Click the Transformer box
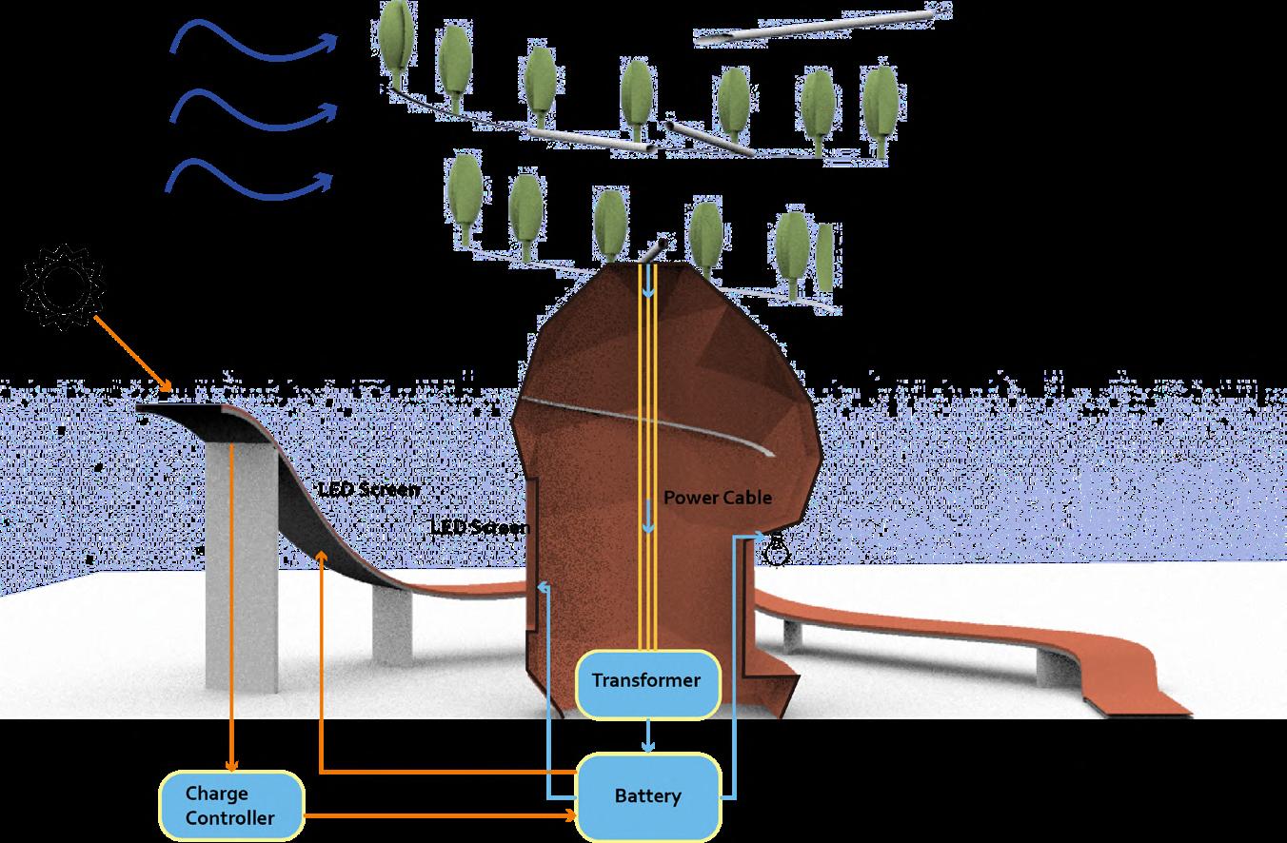pyautogui.click(x=646, y=681)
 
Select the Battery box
pyautogui.click(x=647, y=795)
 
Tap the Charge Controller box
pyautogui.click(x=230, y=805)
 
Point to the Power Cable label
pyautogui.click(x=717, y=498)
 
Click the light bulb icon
pyautogui.click(x=778, y=549)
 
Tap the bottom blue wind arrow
pyautogui.click(x=252, y=179)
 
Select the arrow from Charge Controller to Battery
pyautogui.click(x=438, y=815)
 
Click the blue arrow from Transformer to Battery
pyautogui.click(x=647, y=735)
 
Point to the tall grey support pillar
pyautogui.click(x=242, y=571)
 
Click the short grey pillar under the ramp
pyautogui.click(x=391, y=624)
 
